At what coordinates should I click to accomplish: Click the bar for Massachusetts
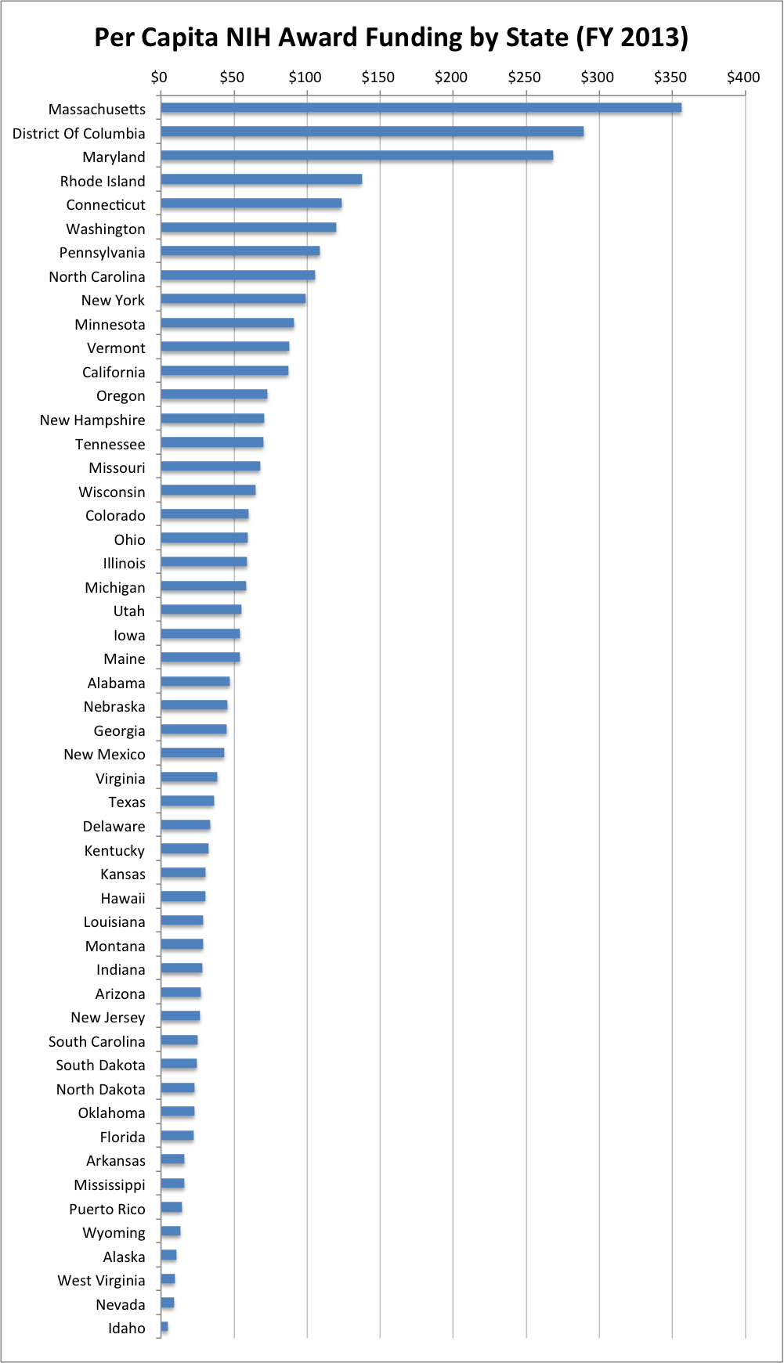421,108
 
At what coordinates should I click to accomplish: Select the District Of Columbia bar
372,132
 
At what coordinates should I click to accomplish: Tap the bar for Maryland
356,156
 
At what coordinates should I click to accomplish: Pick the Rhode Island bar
261,179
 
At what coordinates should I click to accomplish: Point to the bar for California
224,371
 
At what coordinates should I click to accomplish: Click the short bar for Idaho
164,1327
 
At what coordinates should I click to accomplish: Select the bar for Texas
187,801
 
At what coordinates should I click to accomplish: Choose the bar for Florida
177,1136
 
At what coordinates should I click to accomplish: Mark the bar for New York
233,299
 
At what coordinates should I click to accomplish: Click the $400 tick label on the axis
743,77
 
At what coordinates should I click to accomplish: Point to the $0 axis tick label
159,77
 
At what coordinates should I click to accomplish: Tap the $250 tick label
524,77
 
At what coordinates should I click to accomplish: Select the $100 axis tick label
305,77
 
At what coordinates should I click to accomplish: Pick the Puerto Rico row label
107,1209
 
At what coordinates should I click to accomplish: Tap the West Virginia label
101,1280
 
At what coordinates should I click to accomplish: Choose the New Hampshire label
92,420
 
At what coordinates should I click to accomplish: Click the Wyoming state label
114,1232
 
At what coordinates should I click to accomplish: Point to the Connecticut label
106,204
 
